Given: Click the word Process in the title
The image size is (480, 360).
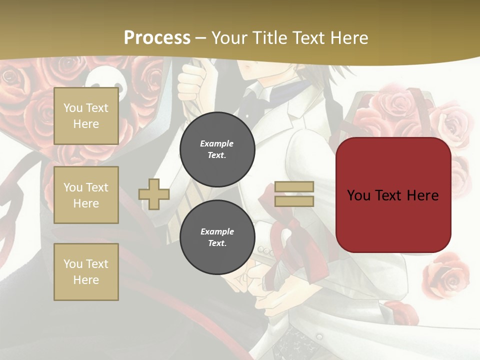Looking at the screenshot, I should tap(157, 38).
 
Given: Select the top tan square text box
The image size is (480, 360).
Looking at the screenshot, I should tap(86, 116).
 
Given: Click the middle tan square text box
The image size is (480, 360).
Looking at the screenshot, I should tap(86, 195).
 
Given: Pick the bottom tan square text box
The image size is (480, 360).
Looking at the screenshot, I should tap(86, 272).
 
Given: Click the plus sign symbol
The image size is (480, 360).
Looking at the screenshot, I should tap(154, 194).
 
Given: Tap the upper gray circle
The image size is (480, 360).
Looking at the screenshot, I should tap(217, 149).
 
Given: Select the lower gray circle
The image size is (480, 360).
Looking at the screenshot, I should tap(217, 237).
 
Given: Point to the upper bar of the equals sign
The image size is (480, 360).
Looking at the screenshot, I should tap(294, 187).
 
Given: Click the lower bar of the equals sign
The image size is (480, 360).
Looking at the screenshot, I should tap(294, 201).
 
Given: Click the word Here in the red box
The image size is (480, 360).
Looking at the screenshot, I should tap(423, 195).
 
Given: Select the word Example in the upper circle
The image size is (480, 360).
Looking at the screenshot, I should tap(217, 143).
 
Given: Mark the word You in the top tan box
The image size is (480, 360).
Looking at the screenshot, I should tap(73, 108).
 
